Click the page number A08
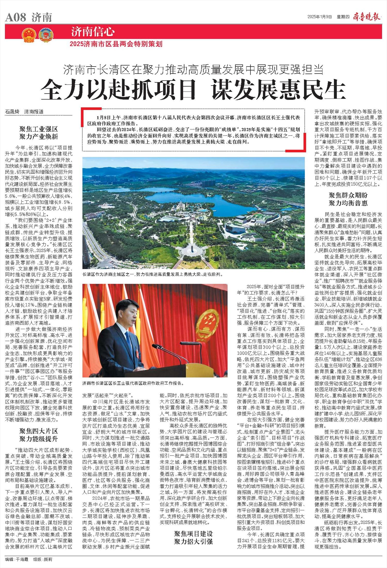point(15,18)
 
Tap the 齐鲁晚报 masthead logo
point(367,17)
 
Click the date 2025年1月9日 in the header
point(319,17)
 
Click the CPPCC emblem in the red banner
point(46,35)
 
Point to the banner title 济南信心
point(93,32)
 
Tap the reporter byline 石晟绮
point(12,112)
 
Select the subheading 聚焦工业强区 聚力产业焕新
point(39,133)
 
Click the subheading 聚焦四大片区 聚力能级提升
point(39,435)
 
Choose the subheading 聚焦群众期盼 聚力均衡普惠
point(348,199)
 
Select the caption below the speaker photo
point(133,383)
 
